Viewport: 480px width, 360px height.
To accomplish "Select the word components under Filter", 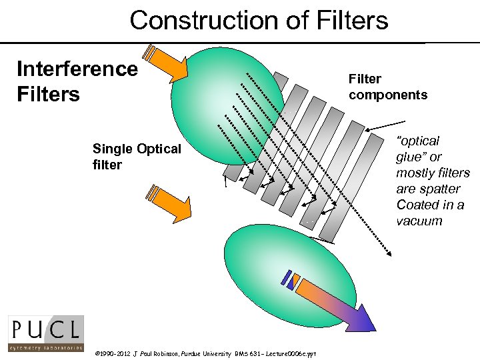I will pos(388,95).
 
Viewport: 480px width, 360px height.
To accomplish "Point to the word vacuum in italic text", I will pos(419,221).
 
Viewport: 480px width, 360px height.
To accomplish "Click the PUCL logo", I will pos(46,333).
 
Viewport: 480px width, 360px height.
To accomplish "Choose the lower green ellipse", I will pos(267,267).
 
